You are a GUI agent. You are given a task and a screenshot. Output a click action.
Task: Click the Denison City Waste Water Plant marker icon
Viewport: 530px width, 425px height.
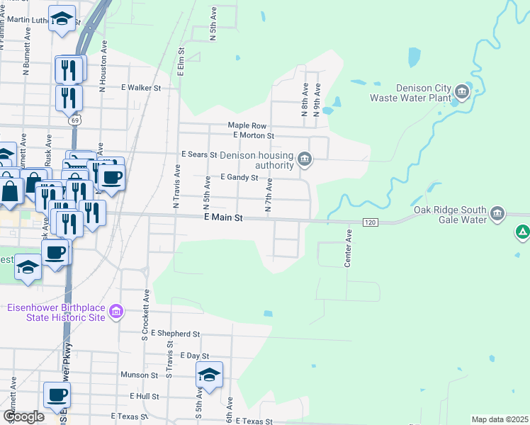462,91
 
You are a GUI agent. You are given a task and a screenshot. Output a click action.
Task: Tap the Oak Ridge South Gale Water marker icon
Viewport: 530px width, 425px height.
497,213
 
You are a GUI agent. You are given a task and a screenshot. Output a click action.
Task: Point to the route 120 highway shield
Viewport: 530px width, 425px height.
372,222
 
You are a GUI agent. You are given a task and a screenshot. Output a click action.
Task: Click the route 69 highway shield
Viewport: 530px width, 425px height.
74,120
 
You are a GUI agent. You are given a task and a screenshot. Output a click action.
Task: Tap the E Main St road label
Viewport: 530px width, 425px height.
223,218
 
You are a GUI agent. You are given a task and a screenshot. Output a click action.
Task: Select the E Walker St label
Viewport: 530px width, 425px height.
141,89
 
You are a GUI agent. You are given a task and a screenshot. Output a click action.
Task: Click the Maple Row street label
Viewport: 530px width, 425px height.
247,125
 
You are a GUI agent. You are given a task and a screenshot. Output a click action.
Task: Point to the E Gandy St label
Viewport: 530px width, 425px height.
239,178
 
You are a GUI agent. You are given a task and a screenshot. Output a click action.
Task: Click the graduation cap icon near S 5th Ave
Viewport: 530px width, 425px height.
209,375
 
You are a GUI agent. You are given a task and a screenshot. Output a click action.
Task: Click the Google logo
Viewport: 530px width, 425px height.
23,416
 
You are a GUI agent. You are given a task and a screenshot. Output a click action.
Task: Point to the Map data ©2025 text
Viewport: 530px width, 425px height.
500,419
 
